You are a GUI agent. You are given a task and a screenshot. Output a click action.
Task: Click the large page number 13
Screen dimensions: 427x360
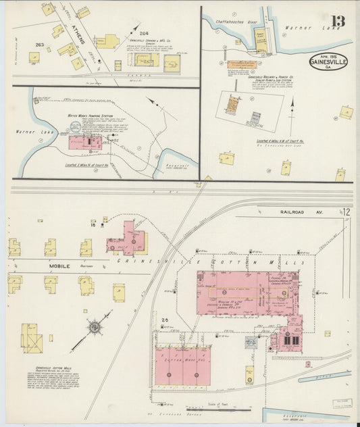pyautogui.click(x=337, y=20)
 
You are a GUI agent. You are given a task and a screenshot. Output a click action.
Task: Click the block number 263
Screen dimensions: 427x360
pyautogui.click(x=39, y=45)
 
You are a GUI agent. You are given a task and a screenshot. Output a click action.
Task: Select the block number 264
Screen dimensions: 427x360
pyautogui.click(x=143, y=32)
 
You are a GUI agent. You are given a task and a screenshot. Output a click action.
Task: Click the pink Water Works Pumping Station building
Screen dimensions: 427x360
pyautogui.click(x=85, y=143)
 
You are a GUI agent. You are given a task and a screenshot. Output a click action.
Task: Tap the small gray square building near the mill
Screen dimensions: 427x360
pyautogui.click(x=251, y=343)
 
